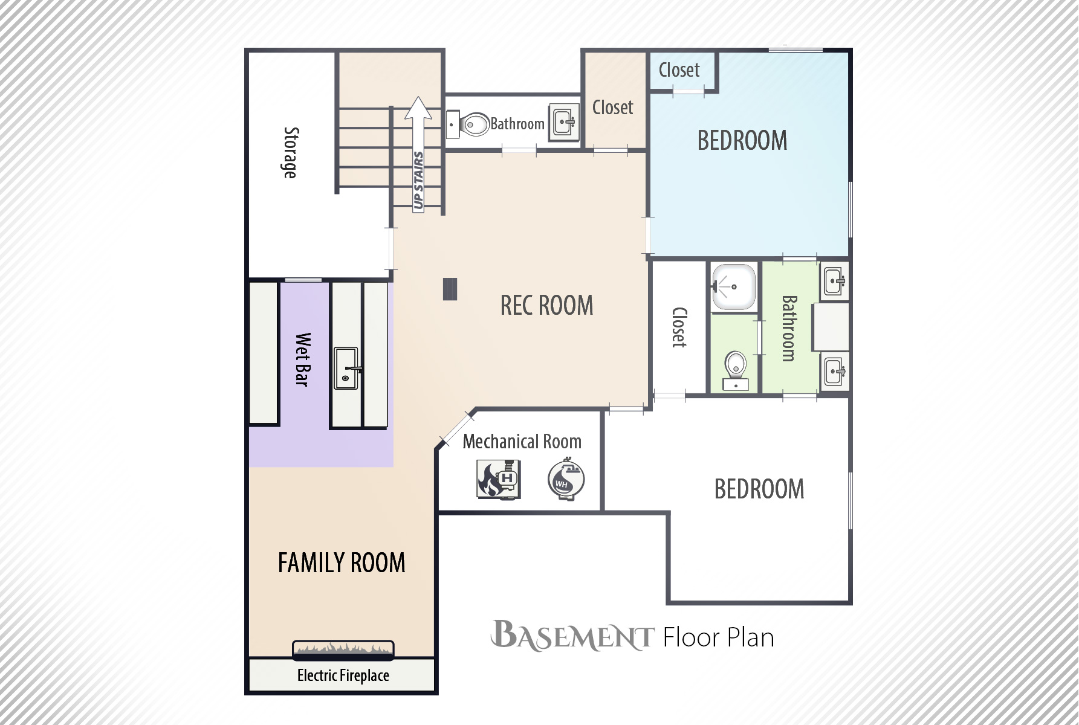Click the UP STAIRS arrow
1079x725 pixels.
[x=418, y=154]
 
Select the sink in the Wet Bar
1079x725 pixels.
[x=347, y=368]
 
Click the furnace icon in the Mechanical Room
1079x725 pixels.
[x=499, y=479]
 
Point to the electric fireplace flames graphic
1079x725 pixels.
[x=343, y=649]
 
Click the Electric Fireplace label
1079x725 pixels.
[x=343, y=675]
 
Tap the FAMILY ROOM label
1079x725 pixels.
[x=342, y=562]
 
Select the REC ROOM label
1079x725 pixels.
[x=547, y=305]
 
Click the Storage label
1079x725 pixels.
[x=291, y=153]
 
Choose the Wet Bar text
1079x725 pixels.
[x=302, y=359]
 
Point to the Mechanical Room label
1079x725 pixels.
[x=522, y=442]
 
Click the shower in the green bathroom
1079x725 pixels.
[x=734, y=287]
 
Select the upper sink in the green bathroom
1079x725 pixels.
[x=835, y=282]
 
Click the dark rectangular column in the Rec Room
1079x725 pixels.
[x=450, y=289]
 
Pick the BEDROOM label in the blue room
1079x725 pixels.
[x=742, y=141]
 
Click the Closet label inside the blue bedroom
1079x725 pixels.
[x=679, y=70]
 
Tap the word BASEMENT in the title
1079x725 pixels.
[x=572, y=636]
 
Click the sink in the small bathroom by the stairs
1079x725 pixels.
[x=564, y=123]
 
